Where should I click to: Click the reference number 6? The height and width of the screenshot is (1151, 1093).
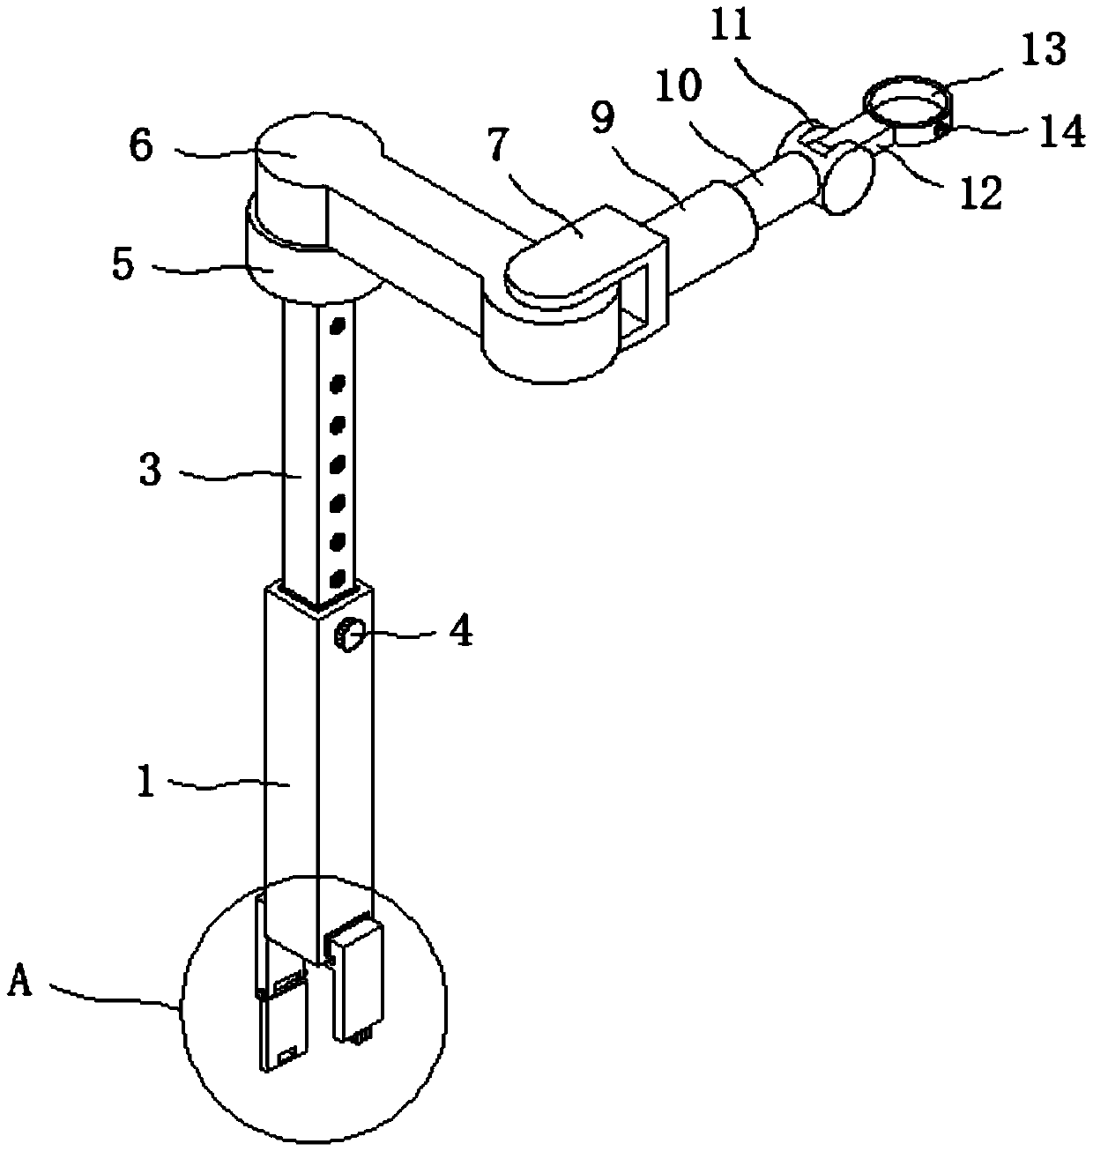(x=141, y=145)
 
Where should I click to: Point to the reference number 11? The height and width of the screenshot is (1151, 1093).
(x=731, y=27)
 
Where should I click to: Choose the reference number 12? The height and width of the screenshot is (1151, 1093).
(x=980, y=194)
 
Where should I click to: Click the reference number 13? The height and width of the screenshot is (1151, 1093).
(x=1045, y=50)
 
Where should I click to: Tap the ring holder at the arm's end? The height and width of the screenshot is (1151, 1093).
(x=911, y=107)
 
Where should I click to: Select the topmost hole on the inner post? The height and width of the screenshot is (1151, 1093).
(x=335, y=328)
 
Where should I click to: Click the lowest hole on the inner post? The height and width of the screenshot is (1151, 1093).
(x=335, y=579)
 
